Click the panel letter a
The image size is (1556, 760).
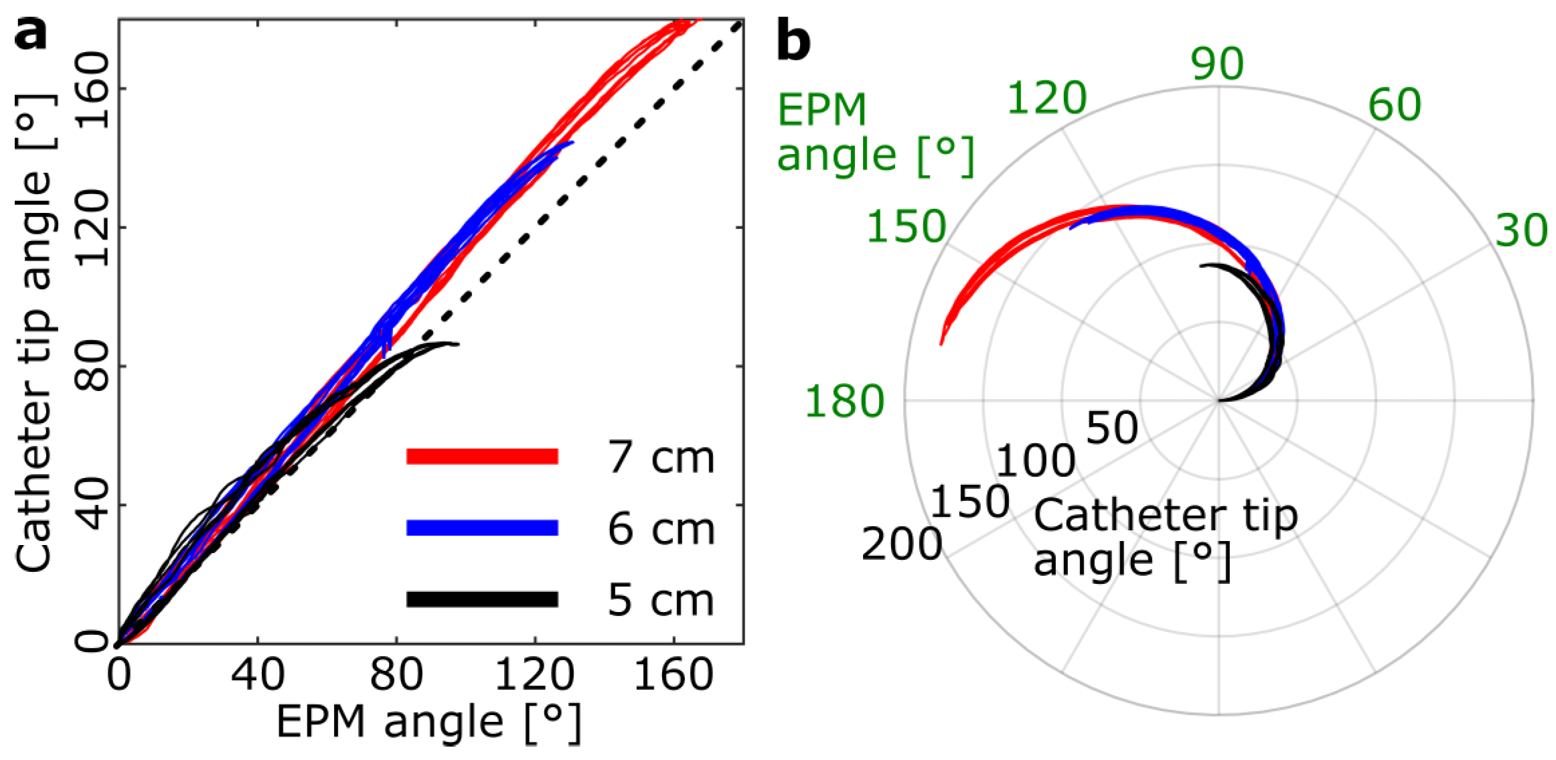pyautogui.click(x=31, y=33)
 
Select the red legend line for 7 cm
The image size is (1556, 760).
pyautogui.click(x=482, y=456)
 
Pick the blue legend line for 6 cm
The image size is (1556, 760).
pyautogui.click(x=482, y=528)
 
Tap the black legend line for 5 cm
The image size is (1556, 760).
pyautogui.click(x=482, y=599)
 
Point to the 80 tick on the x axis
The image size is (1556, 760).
pyautogui.click(x=396, y=674)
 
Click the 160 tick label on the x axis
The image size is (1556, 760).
pyautogui.click(x=673, y=674)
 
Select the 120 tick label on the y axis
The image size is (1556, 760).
pyautogui.click(x=92, y=228)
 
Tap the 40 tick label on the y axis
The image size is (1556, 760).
pyautogui.click(x=92, y=505)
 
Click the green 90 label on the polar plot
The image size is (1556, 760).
pyautogui.click(x=1217, y=64)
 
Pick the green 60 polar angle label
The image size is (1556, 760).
pyautogui.click(x=1394, y=104)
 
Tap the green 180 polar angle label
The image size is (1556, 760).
pyautogui.click(x=844, y=401)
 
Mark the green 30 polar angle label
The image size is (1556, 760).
pyautogui.click(x=1521, y=230)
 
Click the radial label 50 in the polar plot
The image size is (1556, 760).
pyautogui.click(x=1111, y=427)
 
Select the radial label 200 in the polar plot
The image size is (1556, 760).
pyautogui.click(x=901, y=544)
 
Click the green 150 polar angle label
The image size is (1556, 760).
pyautogui.click(x=907, y=226)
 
